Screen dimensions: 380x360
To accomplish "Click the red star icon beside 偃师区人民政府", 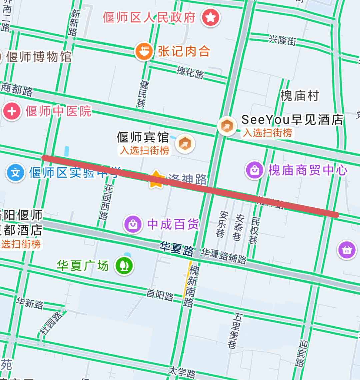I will click(210, 17).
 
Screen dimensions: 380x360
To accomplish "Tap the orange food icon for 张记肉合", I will click(144, 51).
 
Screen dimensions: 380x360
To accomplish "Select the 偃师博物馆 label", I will click(39, 57).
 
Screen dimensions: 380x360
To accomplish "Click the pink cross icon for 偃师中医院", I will click(12, 111).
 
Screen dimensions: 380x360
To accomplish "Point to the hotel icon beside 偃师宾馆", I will click(184, 144).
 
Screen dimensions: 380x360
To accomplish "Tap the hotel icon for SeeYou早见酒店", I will click(227, 126).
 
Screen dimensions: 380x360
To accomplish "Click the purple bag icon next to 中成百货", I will click(133, 224).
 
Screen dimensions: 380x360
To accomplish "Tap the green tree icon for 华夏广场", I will click(124, 266).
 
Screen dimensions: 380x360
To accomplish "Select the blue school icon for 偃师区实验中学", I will click(15, 173).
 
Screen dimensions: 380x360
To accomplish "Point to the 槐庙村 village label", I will click(300, 96).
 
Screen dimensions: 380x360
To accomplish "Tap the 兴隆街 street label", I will click(283, 40).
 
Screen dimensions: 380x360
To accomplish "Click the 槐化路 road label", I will click(190, 72).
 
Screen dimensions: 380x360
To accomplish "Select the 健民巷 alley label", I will click(142, 94).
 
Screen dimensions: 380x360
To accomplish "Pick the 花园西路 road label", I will click(105, 202).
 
